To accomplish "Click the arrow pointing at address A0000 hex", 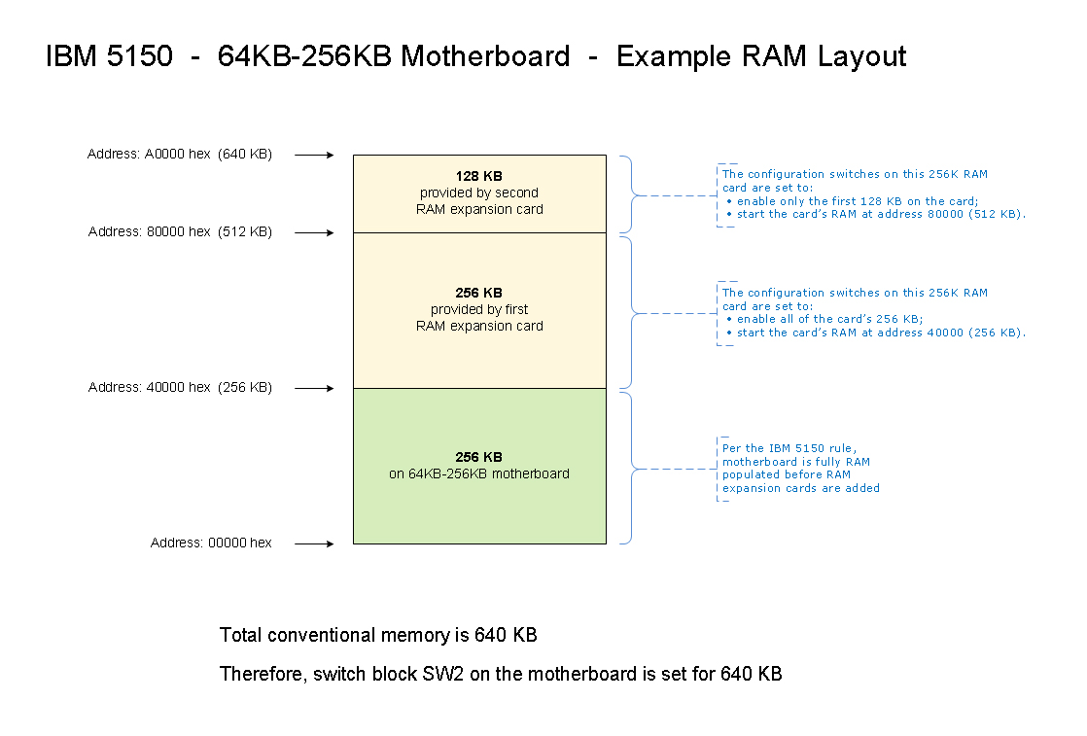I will pos(314,155).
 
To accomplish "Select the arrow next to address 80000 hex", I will pos(314,232).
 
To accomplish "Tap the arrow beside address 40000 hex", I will pos(314,388).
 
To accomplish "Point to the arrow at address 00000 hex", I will pos(314,543).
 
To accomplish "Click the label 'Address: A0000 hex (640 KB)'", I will pos(180,154).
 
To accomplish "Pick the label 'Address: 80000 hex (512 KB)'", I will pos(180,231).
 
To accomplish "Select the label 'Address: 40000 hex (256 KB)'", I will pos(180,387).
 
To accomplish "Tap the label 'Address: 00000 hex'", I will pos(211,543).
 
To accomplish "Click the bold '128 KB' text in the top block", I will pos(479,176).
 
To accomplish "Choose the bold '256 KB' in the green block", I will pos(479,457).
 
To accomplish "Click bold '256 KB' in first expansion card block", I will pos(479,293).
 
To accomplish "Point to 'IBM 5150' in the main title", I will pos(109,56).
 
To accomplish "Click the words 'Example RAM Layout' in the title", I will pos(761,56).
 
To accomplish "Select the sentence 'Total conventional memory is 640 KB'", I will pos(378,636).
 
